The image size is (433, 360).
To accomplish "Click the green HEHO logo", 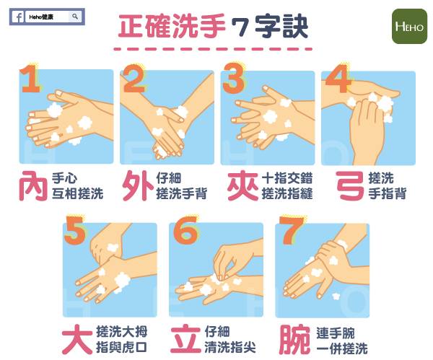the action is pyautogui.click(x=409, y=26).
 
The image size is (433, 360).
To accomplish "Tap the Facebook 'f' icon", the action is pyautogui.click(x=19, y=17).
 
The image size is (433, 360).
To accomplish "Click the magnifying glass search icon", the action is pyautogui.click(x=75, y=17).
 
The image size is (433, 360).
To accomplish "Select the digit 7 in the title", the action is pyautogui.click(x=240, y=27).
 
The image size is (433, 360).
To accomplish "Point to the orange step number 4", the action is pyautogui.click(x=338, y=79).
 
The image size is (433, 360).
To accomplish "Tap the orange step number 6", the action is pyautogui.click(x=185, y=230).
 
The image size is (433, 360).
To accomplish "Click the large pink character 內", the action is pyautogui.click(x=33, y=185).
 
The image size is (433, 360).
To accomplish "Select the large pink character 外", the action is pyautogui.click(x=138, y=185).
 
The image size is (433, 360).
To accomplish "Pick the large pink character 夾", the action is pyautogui.click(x=242, y=185).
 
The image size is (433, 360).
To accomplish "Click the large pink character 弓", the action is pyautogui.click(x=349, y=185).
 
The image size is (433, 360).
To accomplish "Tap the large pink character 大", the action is pyautogui.click(x=77, y=339).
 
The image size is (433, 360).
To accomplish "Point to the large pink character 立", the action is pyautogui.click(x=185, y=339).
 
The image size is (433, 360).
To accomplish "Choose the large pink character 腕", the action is pyautogui.click(x=294, y=339).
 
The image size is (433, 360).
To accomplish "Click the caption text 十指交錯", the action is pyautogui.click(x=287, y=178).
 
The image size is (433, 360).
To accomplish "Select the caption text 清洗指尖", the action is pyautogui.click(x=230, y=347).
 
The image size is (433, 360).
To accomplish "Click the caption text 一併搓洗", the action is pyautogui.click(x=342, y=348).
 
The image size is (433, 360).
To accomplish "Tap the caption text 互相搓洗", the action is pyautogui.click(x=78, y=193).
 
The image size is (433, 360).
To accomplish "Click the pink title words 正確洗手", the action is pyautogui.click(x=172, y=27).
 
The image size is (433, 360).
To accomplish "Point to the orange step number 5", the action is pyautogui.click(x=74, y=230).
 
